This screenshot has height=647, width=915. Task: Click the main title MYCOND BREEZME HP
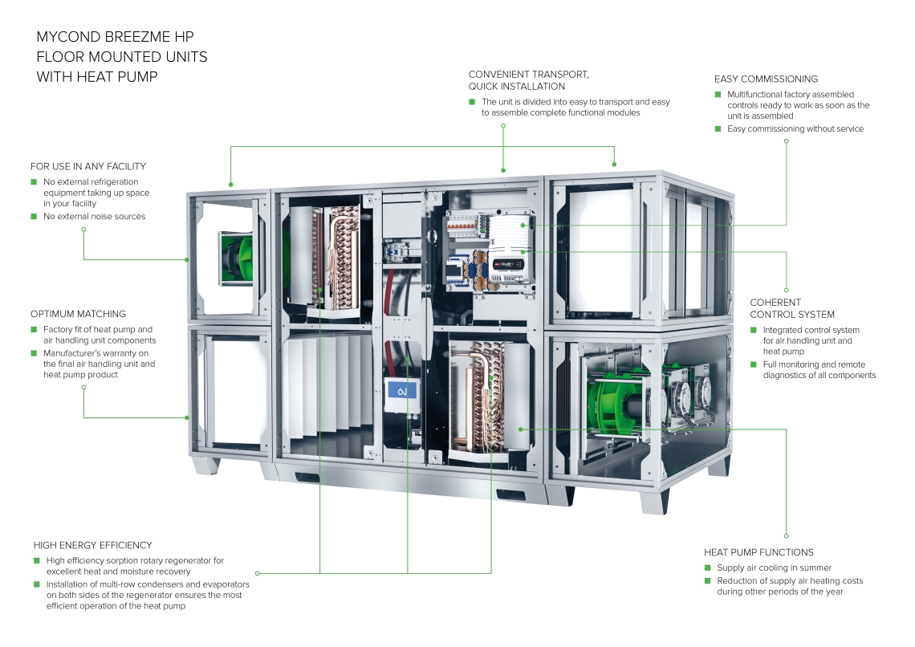115,38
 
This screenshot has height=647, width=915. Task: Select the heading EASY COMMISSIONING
766,79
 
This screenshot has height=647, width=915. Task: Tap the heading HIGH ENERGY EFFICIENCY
93,545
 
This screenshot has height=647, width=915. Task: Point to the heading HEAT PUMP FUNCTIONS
758,552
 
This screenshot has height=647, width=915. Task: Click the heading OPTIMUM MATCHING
78,314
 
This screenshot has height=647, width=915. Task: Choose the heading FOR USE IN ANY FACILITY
88,166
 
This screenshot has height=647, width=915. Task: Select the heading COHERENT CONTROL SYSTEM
792,308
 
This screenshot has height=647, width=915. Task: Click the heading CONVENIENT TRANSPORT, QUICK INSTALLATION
529,80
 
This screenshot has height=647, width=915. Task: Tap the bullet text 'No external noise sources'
95,217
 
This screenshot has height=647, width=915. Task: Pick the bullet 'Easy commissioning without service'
795,128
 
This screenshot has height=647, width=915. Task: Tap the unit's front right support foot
653,501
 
